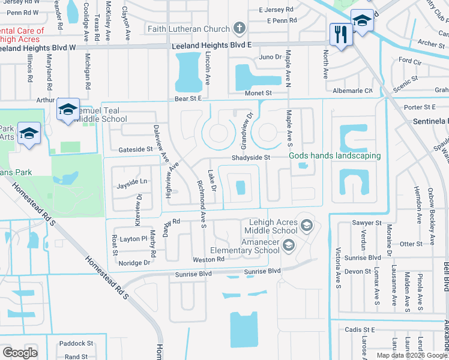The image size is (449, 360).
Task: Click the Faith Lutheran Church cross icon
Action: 239,28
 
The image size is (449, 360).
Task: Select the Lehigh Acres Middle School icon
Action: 306,225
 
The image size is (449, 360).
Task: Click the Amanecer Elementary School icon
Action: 289,244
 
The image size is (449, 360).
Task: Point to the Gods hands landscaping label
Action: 335,156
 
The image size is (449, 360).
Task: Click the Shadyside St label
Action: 252,158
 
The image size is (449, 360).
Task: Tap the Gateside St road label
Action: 136,149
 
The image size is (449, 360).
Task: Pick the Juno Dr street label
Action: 271,57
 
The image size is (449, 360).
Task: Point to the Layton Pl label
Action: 133,238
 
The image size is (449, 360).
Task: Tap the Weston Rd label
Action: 208,259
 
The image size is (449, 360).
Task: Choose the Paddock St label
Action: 76,344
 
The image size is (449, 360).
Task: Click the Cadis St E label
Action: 360,329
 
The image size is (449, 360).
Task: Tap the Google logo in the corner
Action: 20,352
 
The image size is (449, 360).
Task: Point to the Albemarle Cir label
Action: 352,91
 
